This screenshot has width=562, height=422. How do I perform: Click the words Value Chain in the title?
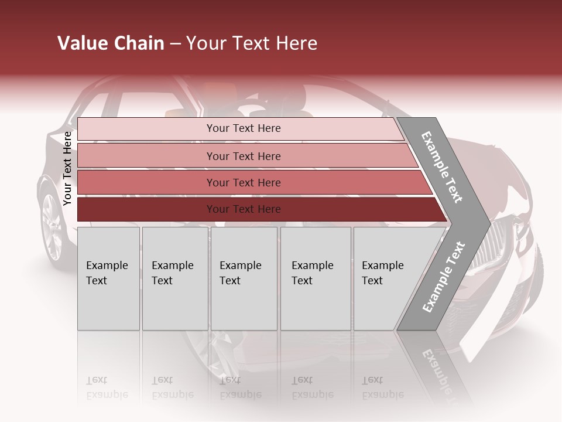(x=111, y=43)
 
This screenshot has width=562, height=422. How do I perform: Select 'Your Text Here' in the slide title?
(x=252, y=43)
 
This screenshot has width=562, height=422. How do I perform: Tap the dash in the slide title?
(x=175, y=44)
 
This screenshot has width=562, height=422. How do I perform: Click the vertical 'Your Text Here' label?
(x=67, y=168)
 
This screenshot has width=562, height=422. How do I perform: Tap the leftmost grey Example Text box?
(x=108, y=278)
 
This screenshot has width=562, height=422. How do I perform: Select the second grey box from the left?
(x=174, y=278)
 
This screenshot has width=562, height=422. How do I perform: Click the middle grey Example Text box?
(x=244, y=278)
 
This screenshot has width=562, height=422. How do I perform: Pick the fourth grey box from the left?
(x=316, y=278)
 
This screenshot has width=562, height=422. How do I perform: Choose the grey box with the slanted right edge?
(x=386, y=278)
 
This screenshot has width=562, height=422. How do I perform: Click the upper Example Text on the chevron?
(x=443, y=167)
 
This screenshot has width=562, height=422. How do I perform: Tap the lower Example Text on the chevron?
(x=443, y=277)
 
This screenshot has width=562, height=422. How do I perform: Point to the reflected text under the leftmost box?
(x=107, y=387)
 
